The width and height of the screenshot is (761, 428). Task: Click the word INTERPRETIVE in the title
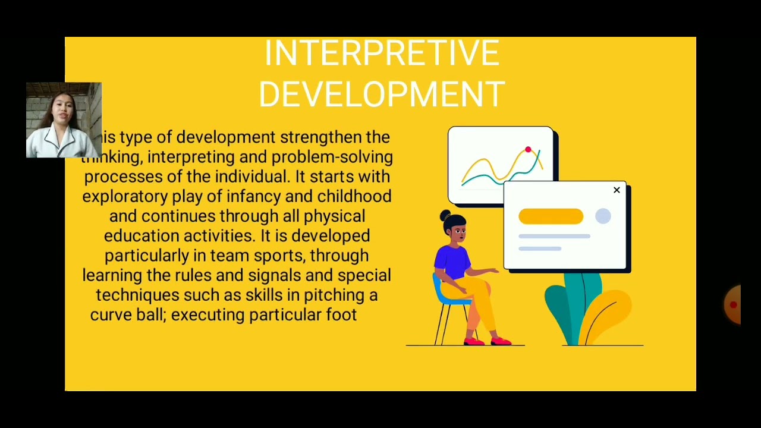pos(381,53)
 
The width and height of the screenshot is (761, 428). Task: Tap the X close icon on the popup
pos(617,190)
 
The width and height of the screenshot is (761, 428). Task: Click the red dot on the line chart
pos(528,150)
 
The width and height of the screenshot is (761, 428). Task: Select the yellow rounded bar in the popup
pos(551,216)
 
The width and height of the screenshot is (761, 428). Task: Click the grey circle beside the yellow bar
pos(603,216)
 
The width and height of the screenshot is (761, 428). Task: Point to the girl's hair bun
pos(445,215)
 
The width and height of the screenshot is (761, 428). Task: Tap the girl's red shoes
pos(488,341)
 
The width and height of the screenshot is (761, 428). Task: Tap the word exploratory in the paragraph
pos(125,197)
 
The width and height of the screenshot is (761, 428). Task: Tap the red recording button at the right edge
pos(734,304)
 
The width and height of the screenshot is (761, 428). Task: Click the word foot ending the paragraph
pos(341,315)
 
